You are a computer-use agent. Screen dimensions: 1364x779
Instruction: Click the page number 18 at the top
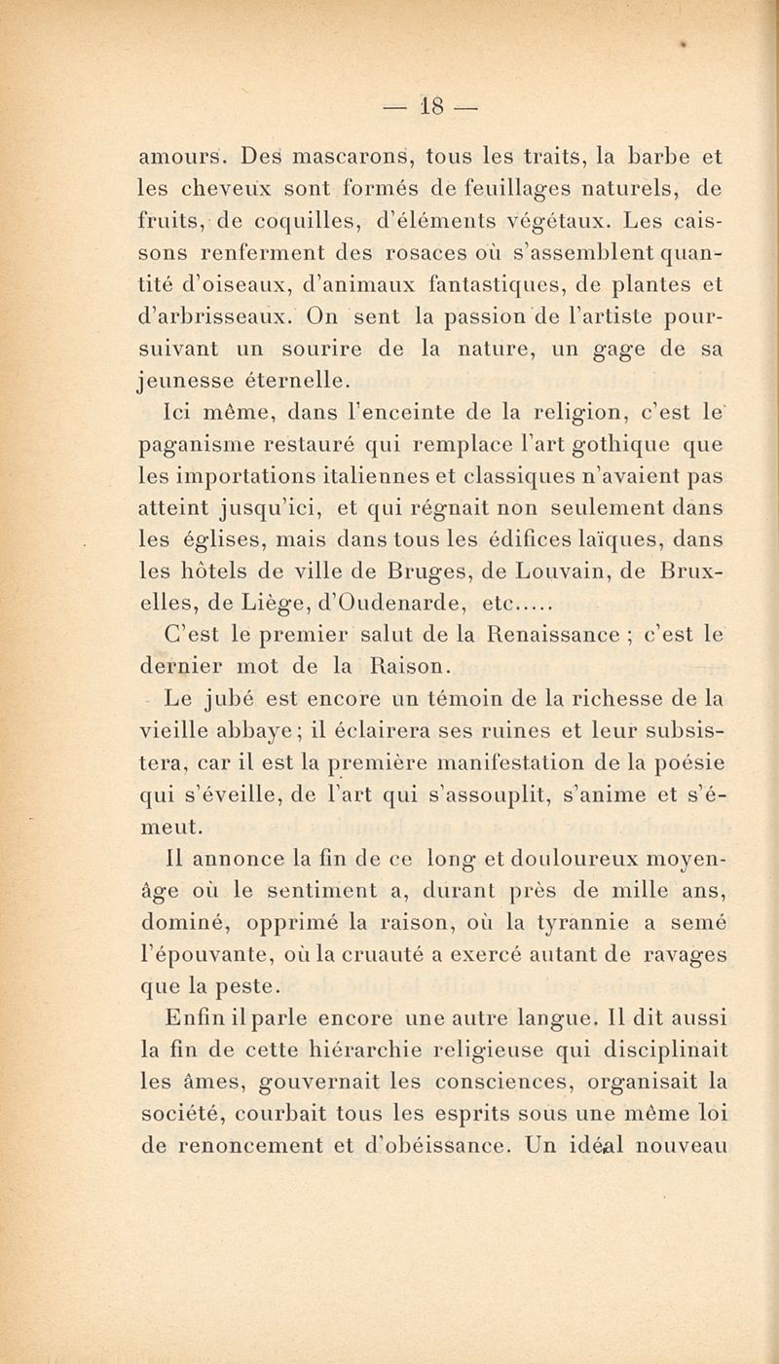[405, 104]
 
